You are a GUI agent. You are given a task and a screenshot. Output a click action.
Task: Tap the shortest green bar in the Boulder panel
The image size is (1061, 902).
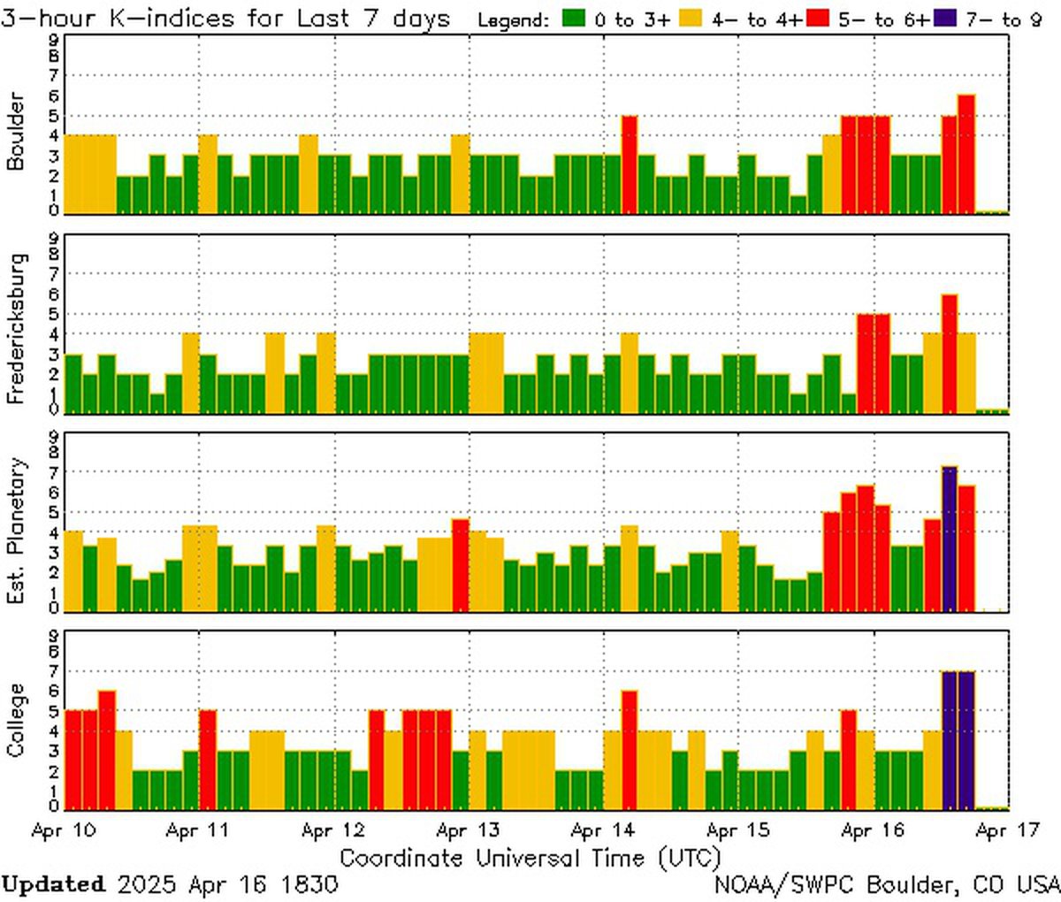[798, 204]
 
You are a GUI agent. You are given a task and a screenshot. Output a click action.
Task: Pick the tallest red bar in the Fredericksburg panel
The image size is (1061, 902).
[949, 353]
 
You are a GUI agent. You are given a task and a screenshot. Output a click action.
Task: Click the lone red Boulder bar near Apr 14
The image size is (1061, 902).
[629, 164]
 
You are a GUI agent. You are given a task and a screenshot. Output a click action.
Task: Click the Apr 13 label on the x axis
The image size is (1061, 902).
[468, 831]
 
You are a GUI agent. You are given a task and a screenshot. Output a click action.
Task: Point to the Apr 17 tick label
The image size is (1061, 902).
[1008, 831]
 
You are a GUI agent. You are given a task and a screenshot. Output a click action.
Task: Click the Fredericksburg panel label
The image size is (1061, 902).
[17, 328]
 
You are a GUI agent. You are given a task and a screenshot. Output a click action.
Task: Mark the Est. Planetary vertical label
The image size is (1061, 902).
[17, 530]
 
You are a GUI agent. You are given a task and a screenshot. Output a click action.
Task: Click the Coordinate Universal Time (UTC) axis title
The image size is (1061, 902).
[530, 857]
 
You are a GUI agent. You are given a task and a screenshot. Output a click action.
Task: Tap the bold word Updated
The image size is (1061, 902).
[53, 883]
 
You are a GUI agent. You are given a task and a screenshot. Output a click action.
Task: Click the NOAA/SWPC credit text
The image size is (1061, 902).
[887, 883]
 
